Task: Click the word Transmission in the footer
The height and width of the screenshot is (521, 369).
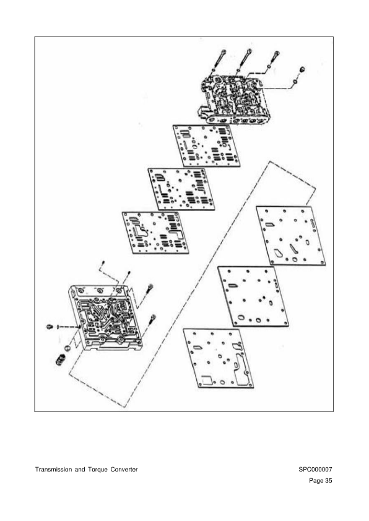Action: (53, 470)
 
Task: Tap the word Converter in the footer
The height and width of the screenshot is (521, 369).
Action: (124, 470)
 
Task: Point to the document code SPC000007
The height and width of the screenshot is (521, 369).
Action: (315, 470)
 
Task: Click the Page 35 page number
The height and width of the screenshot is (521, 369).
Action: (321, 480)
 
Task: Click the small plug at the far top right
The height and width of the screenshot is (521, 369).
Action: (302, 69)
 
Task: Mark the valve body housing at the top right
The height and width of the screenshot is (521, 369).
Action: (235, 100)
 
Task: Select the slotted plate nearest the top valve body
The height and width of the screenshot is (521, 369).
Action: (206, 146)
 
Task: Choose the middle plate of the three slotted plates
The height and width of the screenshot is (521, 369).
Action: (181, 189)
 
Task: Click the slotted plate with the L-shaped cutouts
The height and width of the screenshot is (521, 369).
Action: (155, 233)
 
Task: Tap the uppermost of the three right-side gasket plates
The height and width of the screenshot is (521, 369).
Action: (291, 236)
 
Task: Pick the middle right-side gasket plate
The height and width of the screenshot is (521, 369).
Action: (253, 296)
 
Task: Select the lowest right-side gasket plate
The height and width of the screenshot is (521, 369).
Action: (219, 358)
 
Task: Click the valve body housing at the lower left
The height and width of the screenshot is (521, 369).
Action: (105, 317)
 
